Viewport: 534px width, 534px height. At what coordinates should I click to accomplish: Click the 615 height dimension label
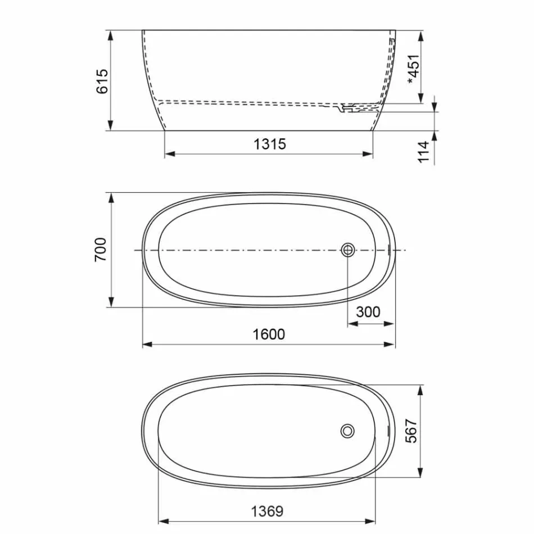pyautogui.click(x=102, y=81)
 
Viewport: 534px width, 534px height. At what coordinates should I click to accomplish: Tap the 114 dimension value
pyautogui.click(x=424, y=152)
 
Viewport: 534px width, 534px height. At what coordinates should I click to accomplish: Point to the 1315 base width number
pyautogui.click(x=269, y=144)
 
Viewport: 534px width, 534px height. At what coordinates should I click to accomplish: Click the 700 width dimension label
pyautogui.click(x=100, y=250)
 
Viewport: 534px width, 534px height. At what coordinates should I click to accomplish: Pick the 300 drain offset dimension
pyautogui.click(x=368, y=312)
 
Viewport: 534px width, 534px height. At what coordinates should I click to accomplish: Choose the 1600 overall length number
pyautogui.click(x=269, y=334)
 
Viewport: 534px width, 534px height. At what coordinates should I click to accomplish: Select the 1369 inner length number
pyautogui.click(x=267, y=511)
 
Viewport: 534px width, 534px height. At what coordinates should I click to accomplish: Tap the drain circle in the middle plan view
pyautogui.click(x=348, y=250)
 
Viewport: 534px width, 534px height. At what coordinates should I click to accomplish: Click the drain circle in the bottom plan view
pyautogui.click(x=347, y=431)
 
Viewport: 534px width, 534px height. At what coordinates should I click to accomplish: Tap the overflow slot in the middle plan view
pyautogui.click(x=389, y=250)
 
